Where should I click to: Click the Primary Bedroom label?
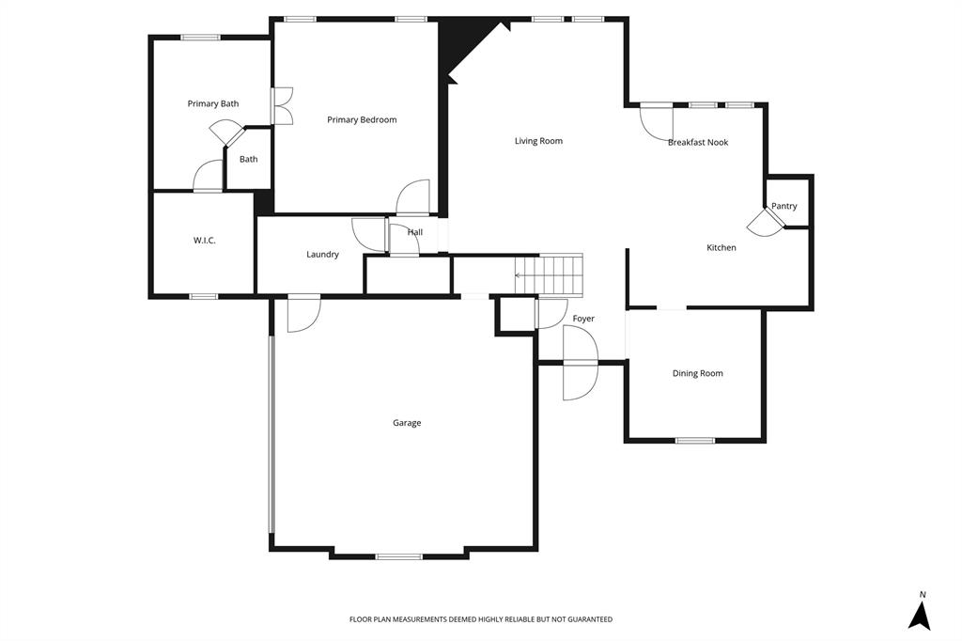coord(362,119)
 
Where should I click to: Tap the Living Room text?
coord(538,141)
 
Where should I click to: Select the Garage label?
coord(407,423)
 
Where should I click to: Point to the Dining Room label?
coord(697,373)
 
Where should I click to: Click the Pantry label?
coord(784,206)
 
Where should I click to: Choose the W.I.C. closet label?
coord(204,241)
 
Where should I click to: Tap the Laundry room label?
coord(322,255)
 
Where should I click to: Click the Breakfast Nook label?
coord(698,143)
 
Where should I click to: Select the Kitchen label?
coord(721,248)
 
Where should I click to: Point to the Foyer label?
coord(583,319)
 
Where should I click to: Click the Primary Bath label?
coord(213,103)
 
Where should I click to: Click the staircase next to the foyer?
coord(553,274)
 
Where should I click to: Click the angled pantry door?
coord(764,222)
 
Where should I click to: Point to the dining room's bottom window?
coord(695,440)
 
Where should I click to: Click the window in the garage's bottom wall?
coord(398,556)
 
